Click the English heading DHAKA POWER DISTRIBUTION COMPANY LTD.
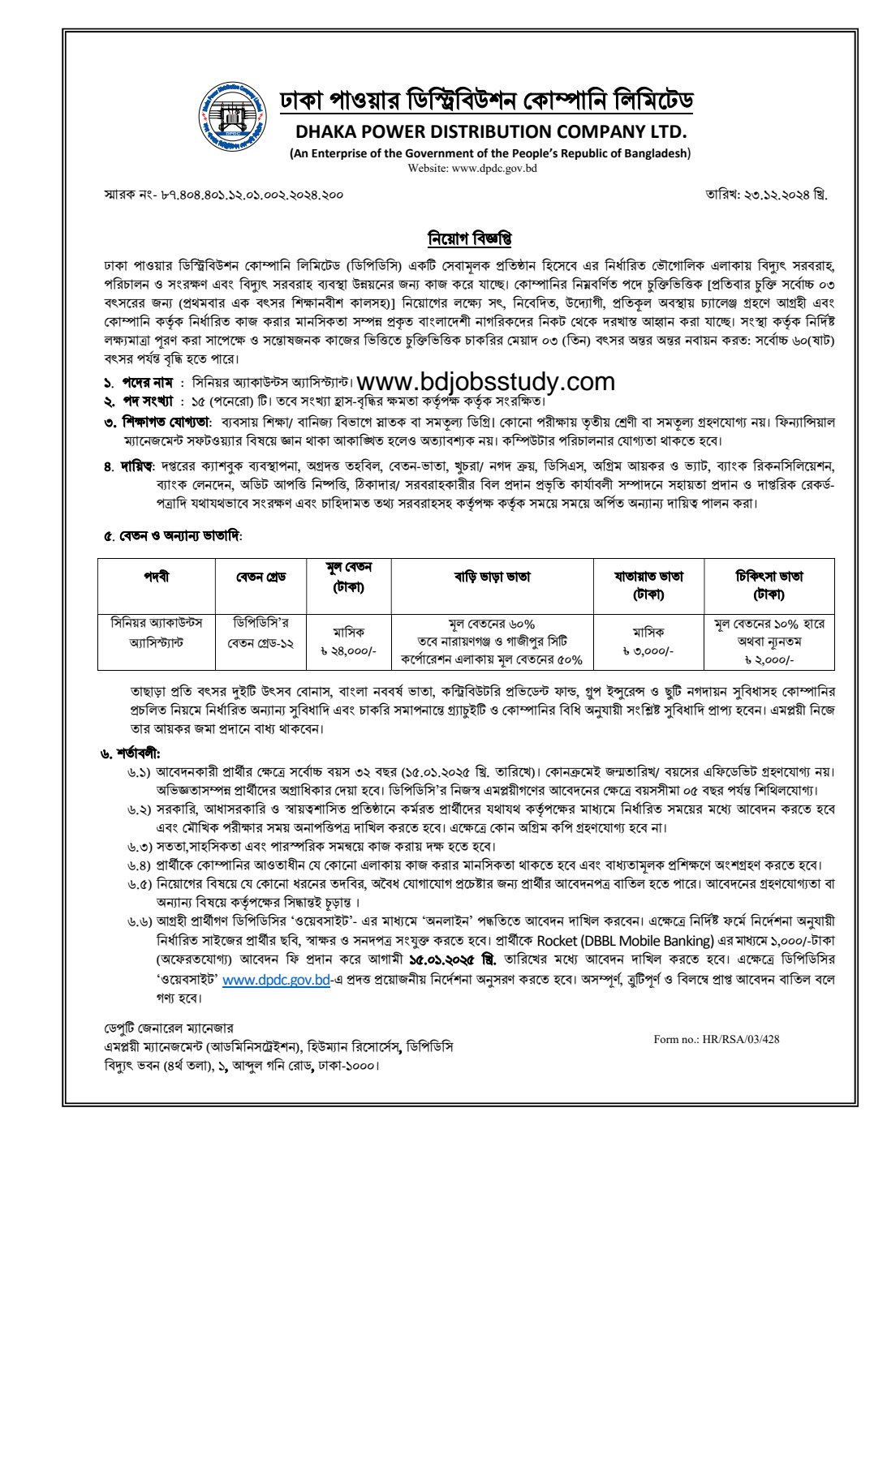491,131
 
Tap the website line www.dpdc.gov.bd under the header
471,169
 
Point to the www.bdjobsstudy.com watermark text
485,381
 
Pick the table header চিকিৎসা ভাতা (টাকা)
769,585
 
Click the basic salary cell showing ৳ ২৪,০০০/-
348,651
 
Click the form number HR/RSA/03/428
716,1039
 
